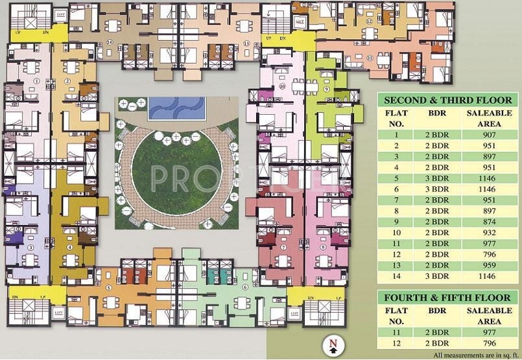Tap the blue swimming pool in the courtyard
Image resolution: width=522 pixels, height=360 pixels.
point(176,108)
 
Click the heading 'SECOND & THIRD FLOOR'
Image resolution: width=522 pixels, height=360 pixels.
point(448,101)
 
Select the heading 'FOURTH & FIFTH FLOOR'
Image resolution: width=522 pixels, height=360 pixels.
point(448,298)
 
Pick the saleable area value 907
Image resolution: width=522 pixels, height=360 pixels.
point(490,135)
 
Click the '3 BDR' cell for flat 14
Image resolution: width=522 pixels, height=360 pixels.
point(434,277)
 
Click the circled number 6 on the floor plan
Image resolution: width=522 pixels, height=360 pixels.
point(244,287)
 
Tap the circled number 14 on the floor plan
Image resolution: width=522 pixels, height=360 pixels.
point(110,43)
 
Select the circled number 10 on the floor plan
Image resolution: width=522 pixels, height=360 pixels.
point(282,86)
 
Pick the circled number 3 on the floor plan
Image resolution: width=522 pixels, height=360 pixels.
point(30,248)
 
